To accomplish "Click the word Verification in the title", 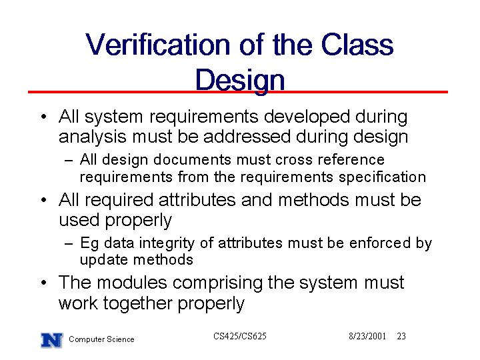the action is [157, 45].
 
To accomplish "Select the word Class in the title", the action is [357, 45].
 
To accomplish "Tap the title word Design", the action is [240, 81].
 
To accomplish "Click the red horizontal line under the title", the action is [238, 92].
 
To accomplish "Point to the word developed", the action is [307, 117].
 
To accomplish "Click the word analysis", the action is [92, 137].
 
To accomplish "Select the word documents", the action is [192, 159].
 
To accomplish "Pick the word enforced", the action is [379, 243].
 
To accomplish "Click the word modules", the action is [131, 282].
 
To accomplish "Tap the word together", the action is [137, 304].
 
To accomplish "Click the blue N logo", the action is [52, 341].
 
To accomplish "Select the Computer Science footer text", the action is [101, 339].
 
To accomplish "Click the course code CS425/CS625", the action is [240, 337].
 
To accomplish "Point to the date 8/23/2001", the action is [367, 337].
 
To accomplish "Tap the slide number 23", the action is [401, 337].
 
